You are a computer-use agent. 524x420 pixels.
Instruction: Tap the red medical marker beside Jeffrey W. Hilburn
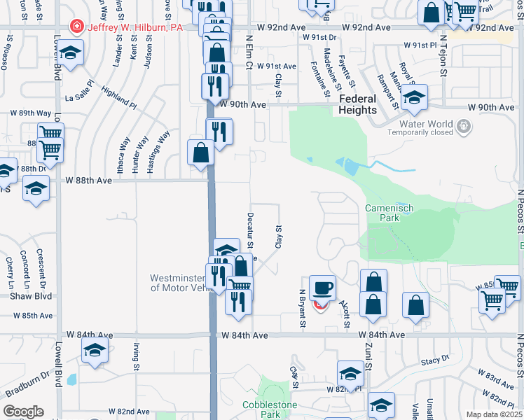[76, 27]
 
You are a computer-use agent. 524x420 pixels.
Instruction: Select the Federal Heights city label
[357, 104]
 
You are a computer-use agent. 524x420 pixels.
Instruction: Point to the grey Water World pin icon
[462, 127]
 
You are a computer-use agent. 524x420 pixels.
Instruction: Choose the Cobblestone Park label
[270, 409]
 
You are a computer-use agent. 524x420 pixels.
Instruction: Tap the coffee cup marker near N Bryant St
[322, 288]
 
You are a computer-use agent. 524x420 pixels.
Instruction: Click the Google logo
[23, 412]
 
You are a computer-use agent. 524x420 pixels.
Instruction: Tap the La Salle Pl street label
[84, 99]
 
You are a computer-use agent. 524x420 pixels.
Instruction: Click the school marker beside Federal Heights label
[414, 99]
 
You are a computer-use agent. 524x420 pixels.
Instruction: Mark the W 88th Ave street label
[89, 180]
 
